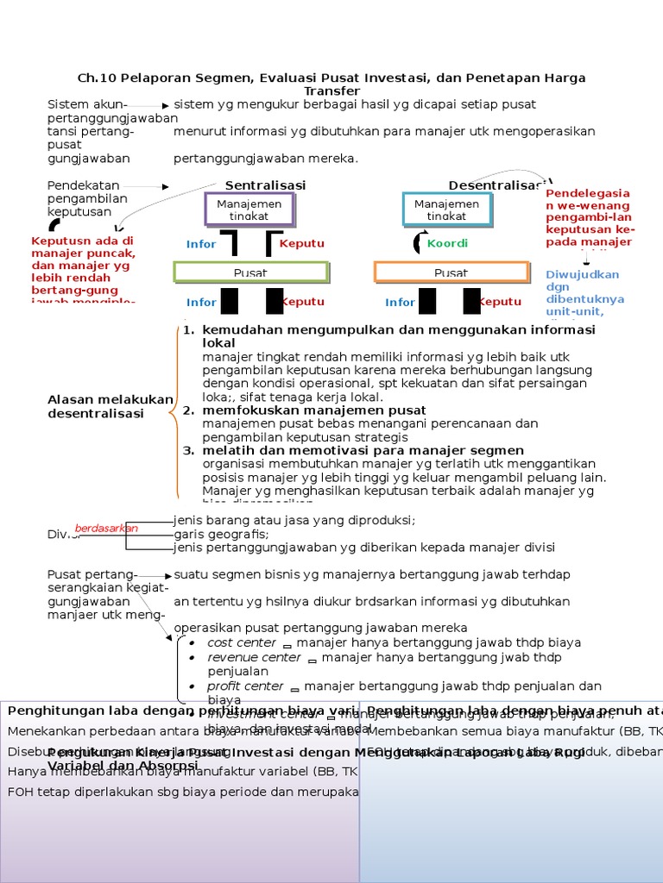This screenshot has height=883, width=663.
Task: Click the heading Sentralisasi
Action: pyautogui.click(x=265, y=185)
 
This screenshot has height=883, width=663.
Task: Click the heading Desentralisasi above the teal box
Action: pyautogui.click(x=496, y=185)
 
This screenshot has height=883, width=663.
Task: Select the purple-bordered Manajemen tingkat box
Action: pyautogui.click(x=249, y=210)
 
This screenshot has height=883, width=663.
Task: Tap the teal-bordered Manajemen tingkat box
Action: pyautogui.click(x=447, y=210)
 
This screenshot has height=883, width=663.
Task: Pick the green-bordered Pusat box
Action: pyautogui.click(x=251, y=272)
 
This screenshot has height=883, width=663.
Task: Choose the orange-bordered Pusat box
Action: pyautogui.click(x=451, y=272)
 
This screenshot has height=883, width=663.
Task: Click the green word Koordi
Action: pyautogui.click(x=447, y=244)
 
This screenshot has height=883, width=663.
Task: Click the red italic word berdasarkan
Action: pyautogui.click(x=106, y=528)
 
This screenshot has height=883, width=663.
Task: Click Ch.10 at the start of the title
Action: pyautogui.click(x=95, y=78)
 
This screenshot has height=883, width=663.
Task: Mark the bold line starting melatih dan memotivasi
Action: pyautogui.click(x=363, y=450)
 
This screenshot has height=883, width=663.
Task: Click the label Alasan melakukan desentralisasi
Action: pyautogui.click(x=110, y=406)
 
